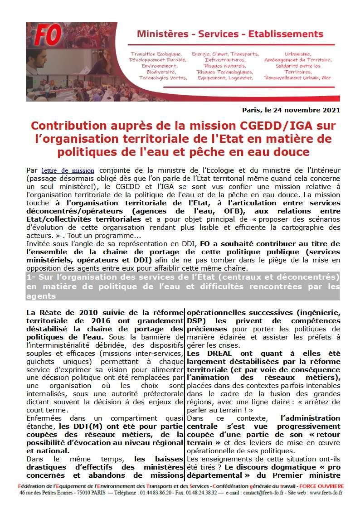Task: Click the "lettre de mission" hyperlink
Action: [x=68, y=171]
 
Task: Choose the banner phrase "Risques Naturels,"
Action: [x=225, y=66]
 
